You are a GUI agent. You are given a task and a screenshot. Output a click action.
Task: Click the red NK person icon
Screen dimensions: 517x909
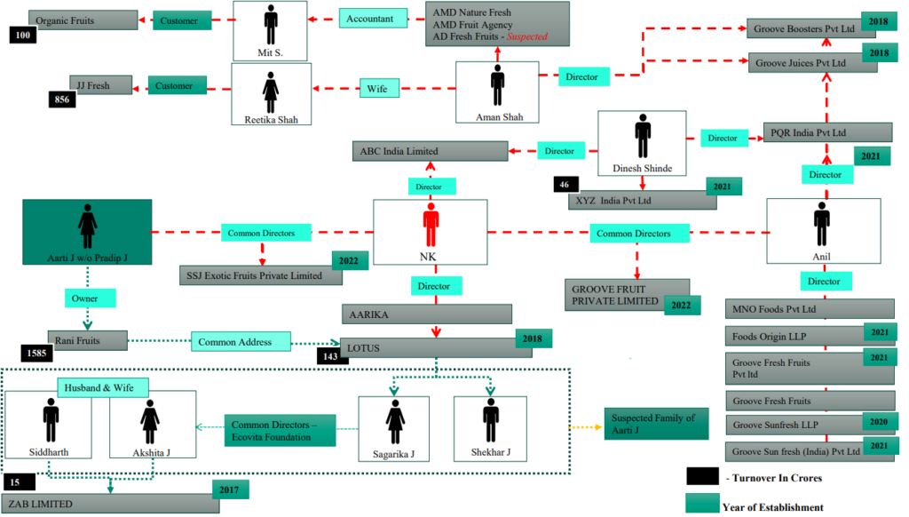pyautogui.click(x=431, y=226)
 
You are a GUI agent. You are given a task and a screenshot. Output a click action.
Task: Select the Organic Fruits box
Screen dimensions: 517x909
pyautogui.click(x=83, y=20)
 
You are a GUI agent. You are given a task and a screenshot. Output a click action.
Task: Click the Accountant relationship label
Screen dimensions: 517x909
pyautogui.click(x=372, y=18)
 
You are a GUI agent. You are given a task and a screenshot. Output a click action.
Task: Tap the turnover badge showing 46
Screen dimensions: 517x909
pyautogui.click(x=564, y=185)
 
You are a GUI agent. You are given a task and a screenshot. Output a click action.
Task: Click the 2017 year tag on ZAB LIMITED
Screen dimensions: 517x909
pyautogui.click(x=230, y=489)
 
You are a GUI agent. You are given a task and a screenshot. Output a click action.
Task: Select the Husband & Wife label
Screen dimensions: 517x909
pyautogui.click(x=102, y=387)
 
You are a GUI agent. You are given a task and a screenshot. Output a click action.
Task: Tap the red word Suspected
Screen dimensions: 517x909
pyautogui.click(x=526, y=37)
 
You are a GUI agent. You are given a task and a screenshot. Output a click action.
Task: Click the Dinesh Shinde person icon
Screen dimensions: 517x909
pyautogui.click(x=642, y=138)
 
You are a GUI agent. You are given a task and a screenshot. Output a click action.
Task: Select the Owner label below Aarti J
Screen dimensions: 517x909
pyautogui.click(x=86, y=298)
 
